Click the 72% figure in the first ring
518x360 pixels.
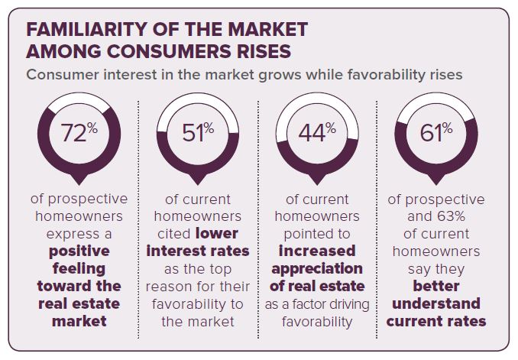pos(79,132)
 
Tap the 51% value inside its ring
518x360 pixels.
pos(198,132)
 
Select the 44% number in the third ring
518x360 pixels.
pos(317,132)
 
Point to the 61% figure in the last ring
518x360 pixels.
pos(436,132)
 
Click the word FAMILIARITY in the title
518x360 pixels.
pos(86,29)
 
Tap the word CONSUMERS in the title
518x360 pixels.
pos(169,51)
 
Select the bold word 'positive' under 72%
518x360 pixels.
pos(79,251)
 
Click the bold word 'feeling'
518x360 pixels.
pos(79,268)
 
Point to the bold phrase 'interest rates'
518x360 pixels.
pos(198,251)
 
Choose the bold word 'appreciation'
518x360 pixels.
pos(317,269)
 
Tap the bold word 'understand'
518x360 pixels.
pos(436,303)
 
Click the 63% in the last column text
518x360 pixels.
pos(451,216)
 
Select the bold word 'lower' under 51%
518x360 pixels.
pos(217,234)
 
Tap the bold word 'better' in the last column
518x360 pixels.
pos(436,287)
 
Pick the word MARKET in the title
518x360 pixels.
pos(267,29)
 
